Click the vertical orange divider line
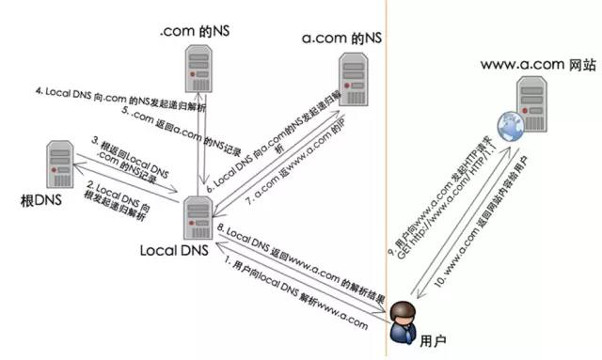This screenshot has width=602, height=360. coord(384,141)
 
